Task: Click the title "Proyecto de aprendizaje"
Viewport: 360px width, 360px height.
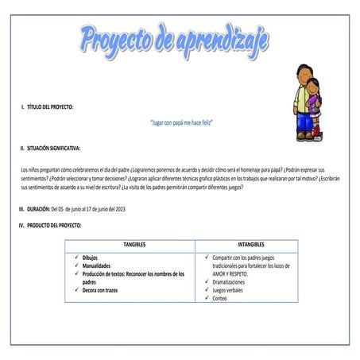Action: pyautogui.click(x=174, y=37)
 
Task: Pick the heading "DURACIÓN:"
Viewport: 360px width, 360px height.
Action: pyautogui.click(x=37, y=208)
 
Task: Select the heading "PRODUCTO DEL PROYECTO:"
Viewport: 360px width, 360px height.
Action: pyautogui.click(x=53, y=226)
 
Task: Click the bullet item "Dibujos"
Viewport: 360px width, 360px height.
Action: pyautogui.click(x=92, y=258)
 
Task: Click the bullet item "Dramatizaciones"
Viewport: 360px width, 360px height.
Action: pyautogui.click(x=234, y=282)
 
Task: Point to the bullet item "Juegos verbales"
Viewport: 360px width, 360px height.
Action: pyautogui.click(x=230, y=290)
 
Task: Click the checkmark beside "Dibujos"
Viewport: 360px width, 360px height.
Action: pyautogui.click(x=75, y=258)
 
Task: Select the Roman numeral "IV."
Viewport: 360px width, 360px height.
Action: pyautogui.click(x=21, y=226)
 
